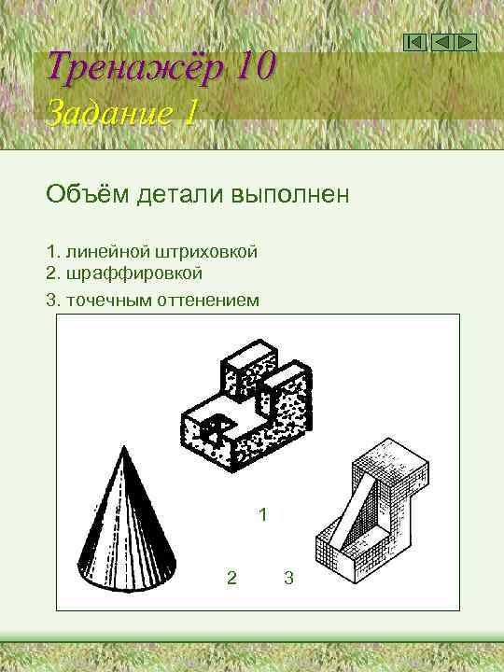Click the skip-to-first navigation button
click(416, 42)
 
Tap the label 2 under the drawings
click(231, 579)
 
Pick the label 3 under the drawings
click(288, 579)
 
